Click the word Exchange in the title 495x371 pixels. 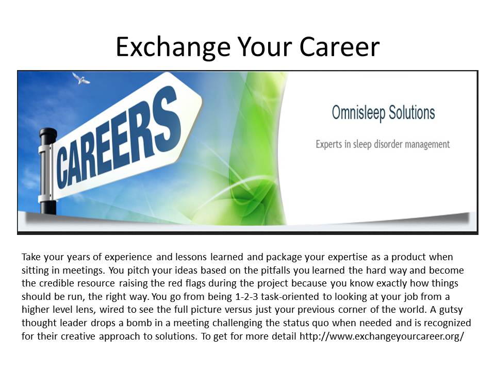click(173, 47)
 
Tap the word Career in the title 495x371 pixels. click(339, 47)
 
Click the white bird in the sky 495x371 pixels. click(81, 78)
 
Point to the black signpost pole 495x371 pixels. click(48, 171)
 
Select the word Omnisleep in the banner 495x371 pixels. click(359, 113)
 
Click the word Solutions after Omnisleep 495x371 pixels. click(411, 112)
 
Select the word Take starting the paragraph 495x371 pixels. click(31, 257)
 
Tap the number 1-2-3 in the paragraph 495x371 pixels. click(247, 297)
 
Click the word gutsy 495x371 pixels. click(451, 310)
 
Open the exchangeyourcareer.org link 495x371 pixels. click(382, 336)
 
